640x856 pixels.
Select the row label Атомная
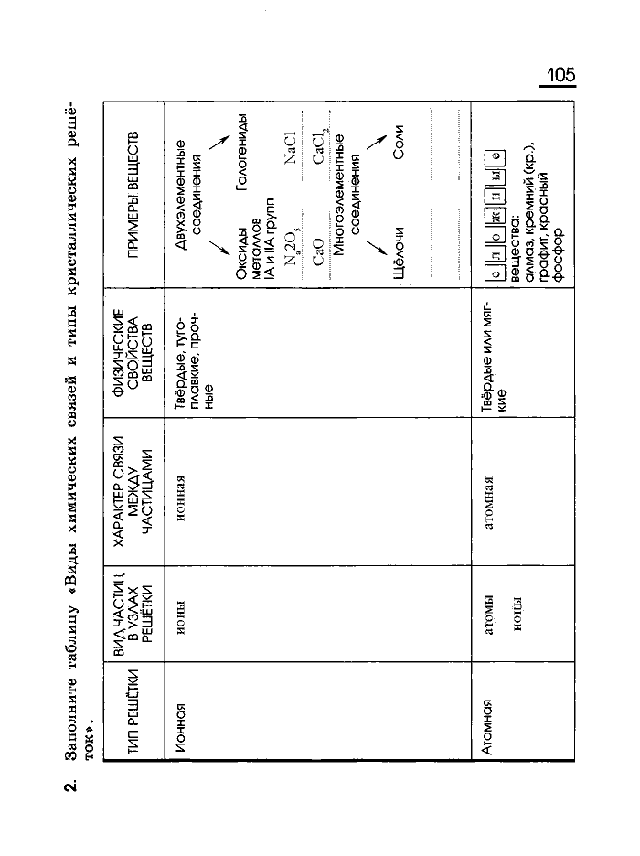(x=488, y=723)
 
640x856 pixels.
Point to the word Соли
(x=399, y=149)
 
